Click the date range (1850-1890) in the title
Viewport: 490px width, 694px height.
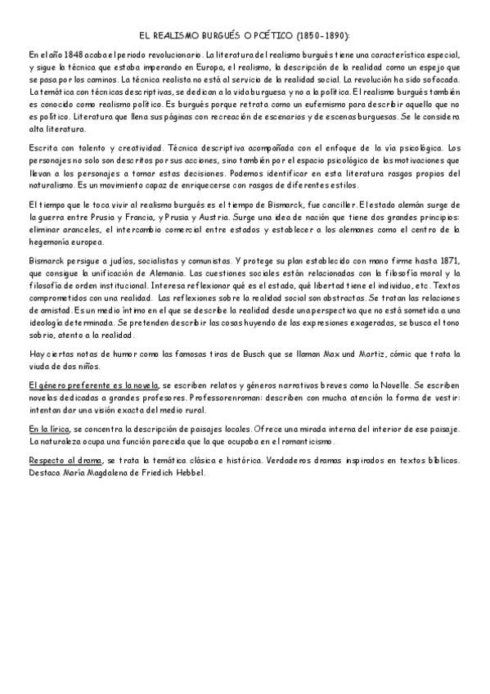(321, 37)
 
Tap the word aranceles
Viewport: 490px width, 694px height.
(77, 229)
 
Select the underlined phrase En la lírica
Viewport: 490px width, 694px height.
(48, 428)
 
